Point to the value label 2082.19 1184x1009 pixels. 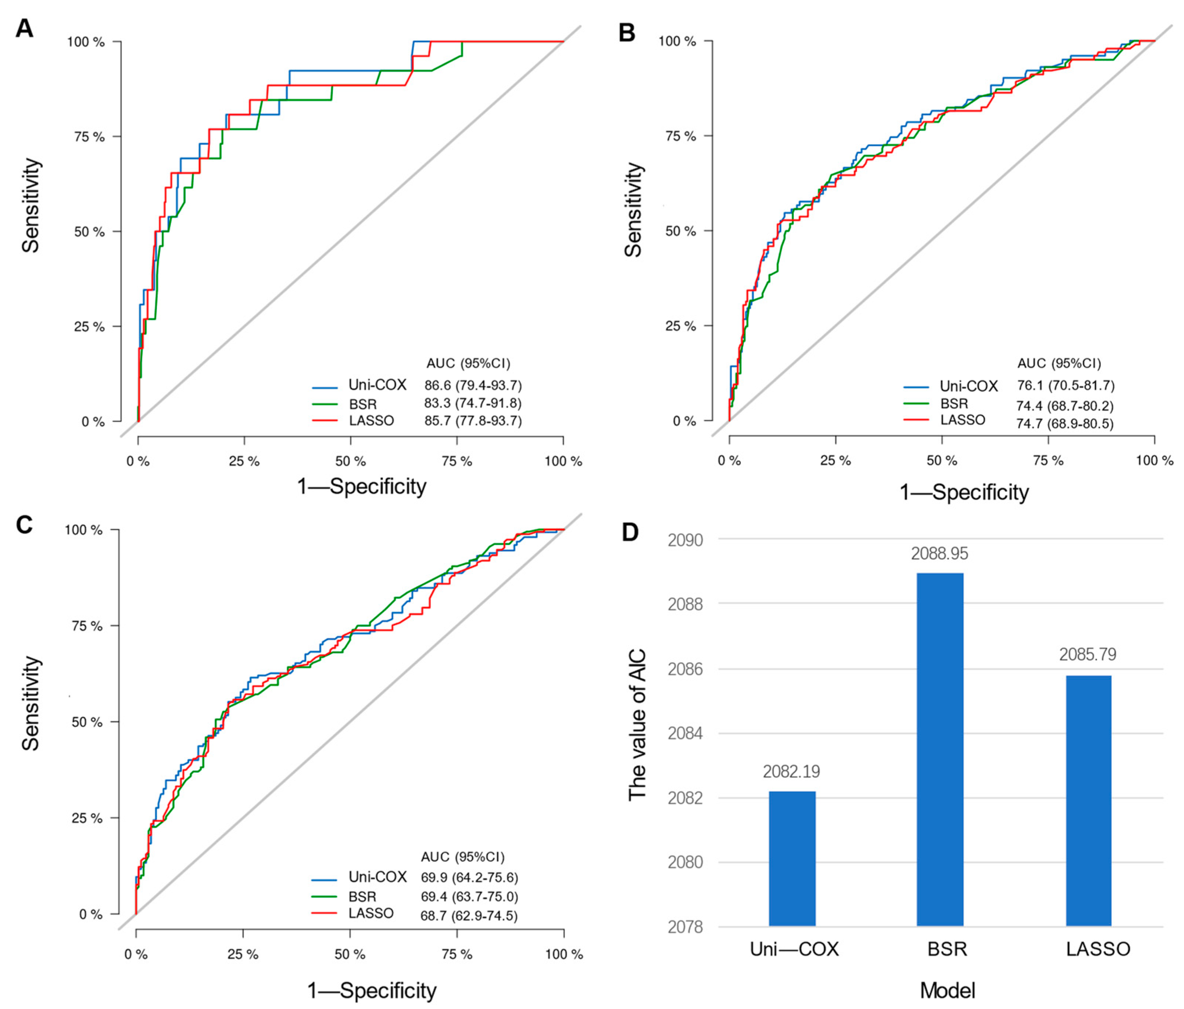click(x=791, y=772)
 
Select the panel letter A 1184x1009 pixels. click(x=24, y=28)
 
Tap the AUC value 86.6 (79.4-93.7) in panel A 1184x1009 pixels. click(x=473, y=385)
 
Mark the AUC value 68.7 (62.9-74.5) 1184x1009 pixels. click(x=469, y=916)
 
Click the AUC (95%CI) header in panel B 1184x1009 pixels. click(x=1058, y=363)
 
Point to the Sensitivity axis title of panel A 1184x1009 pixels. click(x=31, y=206)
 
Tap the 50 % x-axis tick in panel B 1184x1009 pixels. click(x=942, y=460)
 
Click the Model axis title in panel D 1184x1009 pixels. click(x=947, y=990)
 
